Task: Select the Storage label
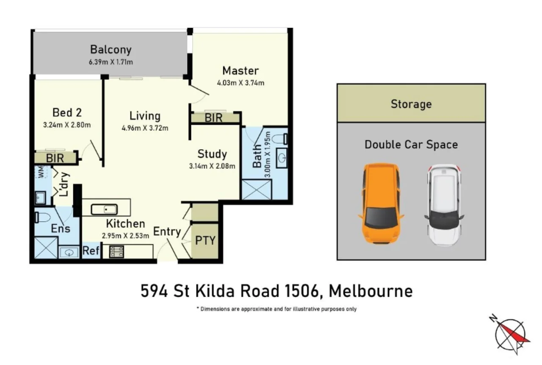click(411, 104)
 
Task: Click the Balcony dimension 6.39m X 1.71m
click(111, 62)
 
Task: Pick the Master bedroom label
click(240, 70)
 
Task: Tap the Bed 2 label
click(67, 112)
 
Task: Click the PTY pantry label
click(205, 240)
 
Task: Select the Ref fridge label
click(91, 251)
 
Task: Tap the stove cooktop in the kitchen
click(116, 251)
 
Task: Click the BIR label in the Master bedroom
click(213, 118)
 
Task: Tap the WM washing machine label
click(41, 173)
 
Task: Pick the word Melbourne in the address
click(371, 291)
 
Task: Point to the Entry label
click(167, 232)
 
